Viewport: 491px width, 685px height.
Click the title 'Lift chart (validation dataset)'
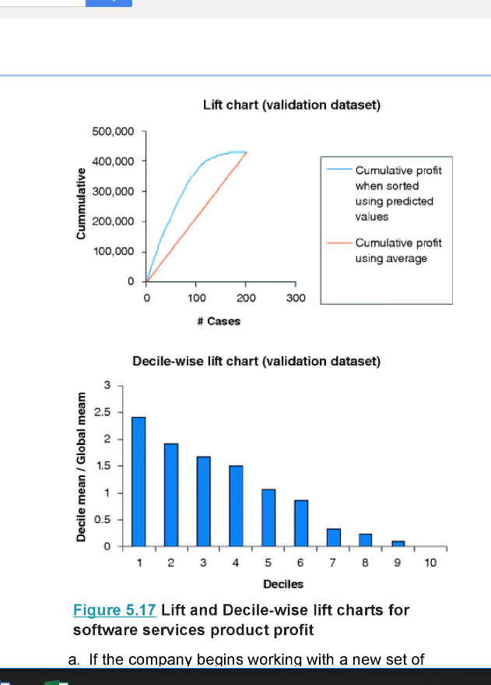[291, 104]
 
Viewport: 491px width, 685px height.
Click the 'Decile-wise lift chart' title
[256, 361]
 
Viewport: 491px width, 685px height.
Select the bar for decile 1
[139, 481]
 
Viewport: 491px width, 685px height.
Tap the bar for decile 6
[301, 522]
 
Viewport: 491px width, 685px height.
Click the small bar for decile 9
[398, 542]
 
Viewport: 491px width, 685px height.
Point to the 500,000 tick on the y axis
[114, 131]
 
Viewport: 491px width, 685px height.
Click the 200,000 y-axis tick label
[114, 221]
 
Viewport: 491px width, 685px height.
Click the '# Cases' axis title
[219, 321]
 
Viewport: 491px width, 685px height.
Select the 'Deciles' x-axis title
[283, 584]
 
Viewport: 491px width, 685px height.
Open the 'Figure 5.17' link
[114, 609]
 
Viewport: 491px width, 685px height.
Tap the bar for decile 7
[333, 537]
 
